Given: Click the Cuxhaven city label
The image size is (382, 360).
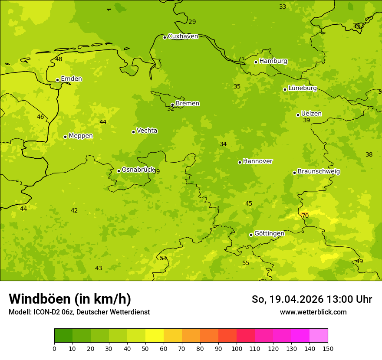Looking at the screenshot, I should [x=183, y=36].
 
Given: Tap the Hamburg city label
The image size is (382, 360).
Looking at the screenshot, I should [x=273, y=61].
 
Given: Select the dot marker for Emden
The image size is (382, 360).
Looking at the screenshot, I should [x=57, y=80].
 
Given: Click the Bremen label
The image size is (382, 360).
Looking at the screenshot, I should [x=187, y=104].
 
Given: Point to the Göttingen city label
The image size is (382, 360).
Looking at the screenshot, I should [x=269, y=234].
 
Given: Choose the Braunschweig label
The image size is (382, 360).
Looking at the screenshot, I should [x=319, y=172].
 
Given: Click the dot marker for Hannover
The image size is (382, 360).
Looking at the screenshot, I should [x=240, y=162].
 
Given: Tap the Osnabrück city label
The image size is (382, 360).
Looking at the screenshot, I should [x=138, y=170].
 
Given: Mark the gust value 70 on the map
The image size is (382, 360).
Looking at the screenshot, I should [x=305, y=216].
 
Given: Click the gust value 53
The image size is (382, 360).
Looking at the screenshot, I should [x=163, y=259].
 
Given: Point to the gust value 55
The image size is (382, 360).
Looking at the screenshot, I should [x=246, y=263].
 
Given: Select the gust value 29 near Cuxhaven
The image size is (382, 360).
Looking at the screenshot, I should [x=192, y=22].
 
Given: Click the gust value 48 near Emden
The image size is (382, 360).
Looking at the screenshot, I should [x=59, y=59].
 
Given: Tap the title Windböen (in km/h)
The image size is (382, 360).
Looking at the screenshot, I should [x=70, y=299].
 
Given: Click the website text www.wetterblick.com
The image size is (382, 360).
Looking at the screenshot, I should [x=313, y=312].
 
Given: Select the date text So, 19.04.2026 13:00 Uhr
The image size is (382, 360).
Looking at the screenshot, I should [x=312, y=299].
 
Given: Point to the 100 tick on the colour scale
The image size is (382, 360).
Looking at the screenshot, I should [x=237, y=348].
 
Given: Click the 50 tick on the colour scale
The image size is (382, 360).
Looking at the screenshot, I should [x=145, y=348].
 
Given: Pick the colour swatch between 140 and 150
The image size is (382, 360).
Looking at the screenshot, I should [x=319, y=336].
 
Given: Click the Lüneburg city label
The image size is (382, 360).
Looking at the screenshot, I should [x=302, y=88].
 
